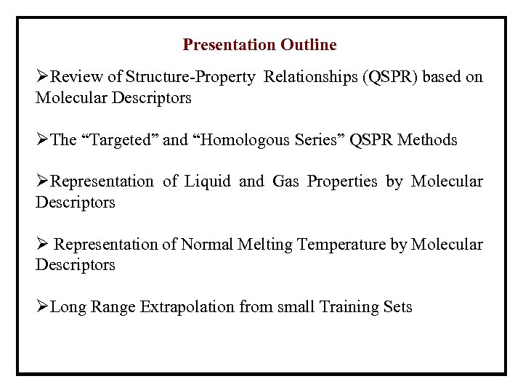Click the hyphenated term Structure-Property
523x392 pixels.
(190, 77)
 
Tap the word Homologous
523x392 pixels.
(240, 140)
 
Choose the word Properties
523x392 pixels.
(342, 181)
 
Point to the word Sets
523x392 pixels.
(397, 307)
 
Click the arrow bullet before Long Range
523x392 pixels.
(42, 307)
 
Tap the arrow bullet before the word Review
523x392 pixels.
(42, 77)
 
